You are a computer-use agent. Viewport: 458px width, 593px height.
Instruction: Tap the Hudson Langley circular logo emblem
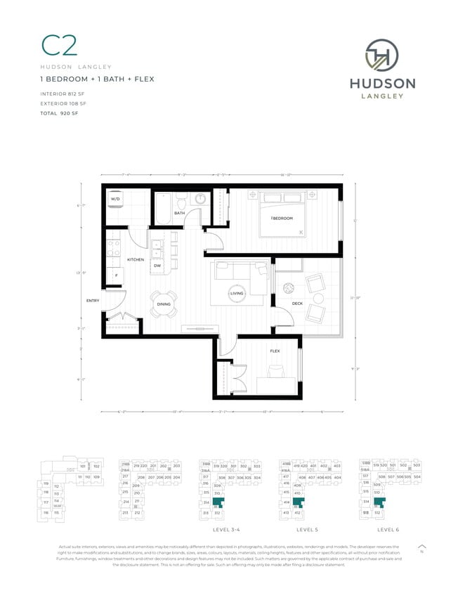click(x=382, y=56)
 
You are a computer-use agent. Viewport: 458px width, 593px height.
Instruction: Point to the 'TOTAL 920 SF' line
click(x=60, y=112)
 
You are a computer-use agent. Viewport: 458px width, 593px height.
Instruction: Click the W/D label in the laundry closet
click(x=115, y=200)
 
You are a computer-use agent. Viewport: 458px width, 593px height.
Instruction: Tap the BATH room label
click(x=179, y=213)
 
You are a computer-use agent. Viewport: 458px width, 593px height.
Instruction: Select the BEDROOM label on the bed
click(x=281, y=219)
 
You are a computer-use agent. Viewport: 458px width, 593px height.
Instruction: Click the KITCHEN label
click(x=136, y=259)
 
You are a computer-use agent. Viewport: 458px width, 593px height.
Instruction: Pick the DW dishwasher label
click(x=157, y=266)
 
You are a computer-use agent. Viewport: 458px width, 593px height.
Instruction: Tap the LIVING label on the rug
click(x=236, y=294)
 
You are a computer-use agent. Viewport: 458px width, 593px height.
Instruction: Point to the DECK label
click(x=297, y=304)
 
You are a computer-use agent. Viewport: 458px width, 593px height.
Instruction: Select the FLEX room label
click(x=275, y=351)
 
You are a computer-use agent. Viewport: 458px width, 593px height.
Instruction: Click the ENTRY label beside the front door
click(x=93, y=301)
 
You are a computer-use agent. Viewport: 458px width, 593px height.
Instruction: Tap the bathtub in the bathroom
click(x=162, y=209)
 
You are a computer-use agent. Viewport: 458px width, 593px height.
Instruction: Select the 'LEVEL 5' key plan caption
click(x=306, y=529)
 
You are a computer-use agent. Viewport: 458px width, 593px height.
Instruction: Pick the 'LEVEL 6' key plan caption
click(x=387, y=529)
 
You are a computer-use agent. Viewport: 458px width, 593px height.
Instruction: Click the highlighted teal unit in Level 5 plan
click(x=299, y=502)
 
